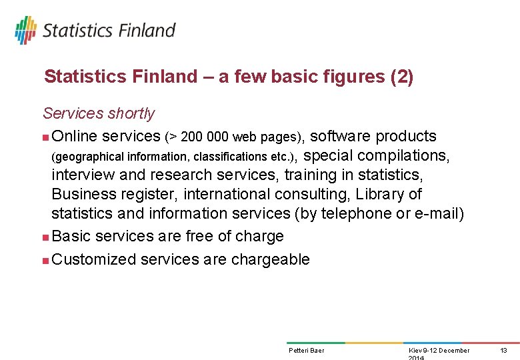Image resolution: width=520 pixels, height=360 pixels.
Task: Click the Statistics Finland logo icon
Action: click(25, 30)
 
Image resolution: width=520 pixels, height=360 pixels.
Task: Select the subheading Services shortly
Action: click(99, 113)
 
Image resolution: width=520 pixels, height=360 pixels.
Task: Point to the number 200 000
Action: click(204, 137)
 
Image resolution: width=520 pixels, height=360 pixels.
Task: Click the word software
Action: click(341, 136)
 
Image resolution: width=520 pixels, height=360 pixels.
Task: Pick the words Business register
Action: click(113, 194)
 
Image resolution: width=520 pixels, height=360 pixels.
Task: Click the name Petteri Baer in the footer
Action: click(307, 350)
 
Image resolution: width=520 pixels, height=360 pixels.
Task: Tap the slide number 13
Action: click(504, 350)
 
